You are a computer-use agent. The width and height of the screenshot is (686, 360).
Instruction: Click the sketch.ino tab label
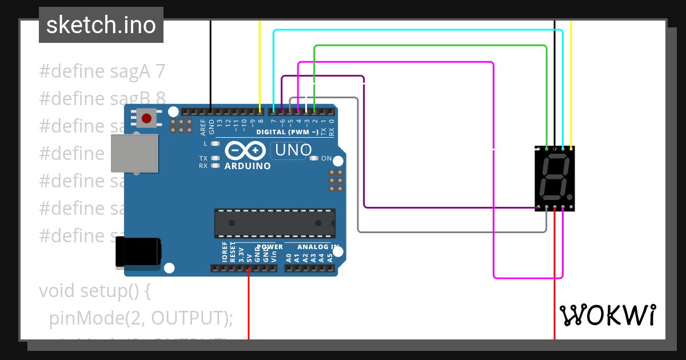(x=101, y=25)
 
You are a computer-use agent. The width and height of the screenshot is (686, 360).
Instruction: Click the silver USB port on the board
(x=134, y=153)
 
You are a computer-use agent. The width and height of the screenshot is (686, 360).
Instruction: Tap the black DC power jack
(x=138, y=252)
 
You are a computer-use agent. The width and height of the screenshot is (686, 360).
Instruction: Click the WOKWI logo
(x=607, y=315)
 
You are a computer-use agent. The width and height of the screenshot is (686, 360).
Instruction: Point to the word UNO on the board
(x=293, y=150)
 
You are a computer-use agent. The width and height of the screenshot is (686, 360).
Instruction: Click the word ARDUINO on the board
(x=248, y=166)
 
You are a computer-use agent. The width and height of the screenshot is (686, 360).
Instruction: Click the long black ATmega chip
(x=274, y=223)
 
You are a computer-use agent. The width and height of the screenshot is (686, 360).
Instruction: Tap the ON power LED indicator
(x=314, y=158)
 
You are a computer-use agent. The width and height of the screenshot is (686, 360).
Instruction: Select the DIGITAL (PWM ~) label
(x=288, y=133)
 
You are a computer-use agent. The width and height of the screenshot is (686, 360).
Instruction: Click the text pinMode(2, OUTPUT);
(x=141, y=318)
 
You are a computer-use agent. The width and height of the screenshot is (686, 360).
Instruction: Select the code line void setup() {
(x=95, y=291)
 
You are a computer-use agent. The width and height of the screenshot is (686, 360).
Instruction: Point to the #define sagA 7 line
(x=102, y=71)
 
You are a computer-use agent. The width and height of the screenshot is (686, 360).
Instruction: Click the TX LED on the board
(x=216, y=158)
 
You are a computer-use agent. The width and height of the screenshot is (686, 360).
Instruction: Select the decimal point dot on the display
(x=570, y=197)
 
